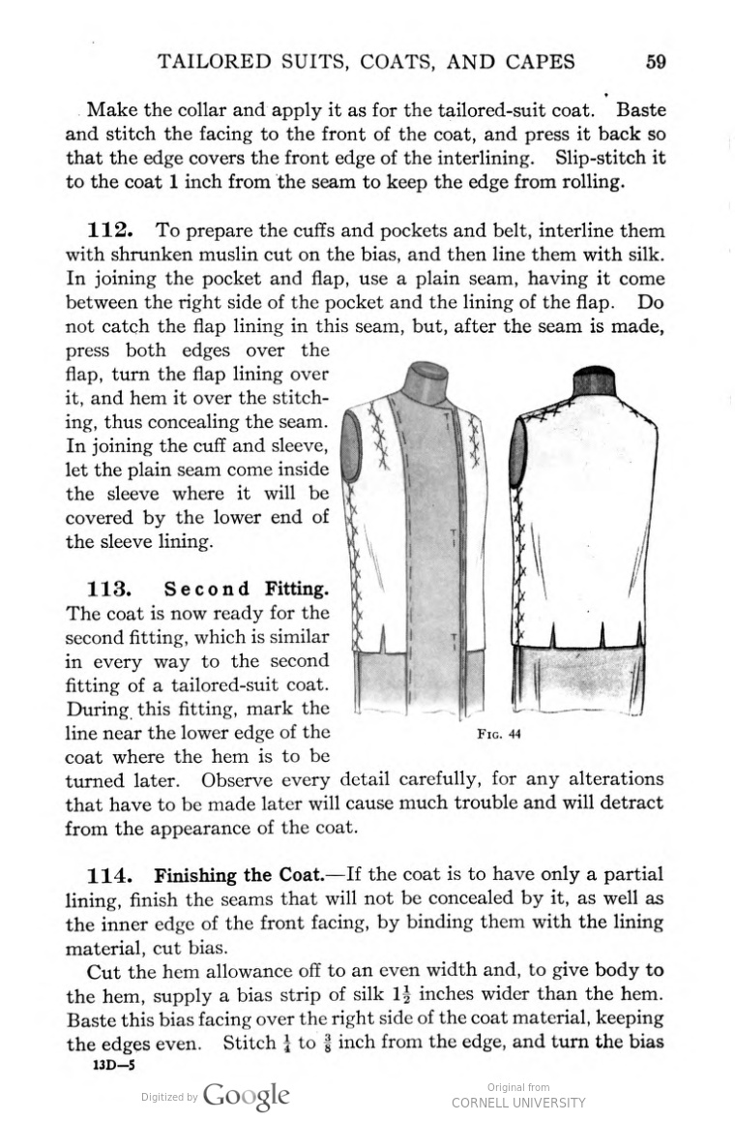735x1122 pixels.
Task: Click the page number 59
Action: click(655, 63)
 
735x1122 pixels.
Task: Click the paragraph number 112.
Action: click(109, 230)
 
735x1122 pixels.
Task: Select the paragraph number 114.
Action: click(109, 875)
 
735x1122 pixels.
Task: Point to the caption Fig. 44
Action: click(499, 733)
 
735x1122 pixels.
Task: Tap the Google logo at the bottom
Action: click(246, 1095)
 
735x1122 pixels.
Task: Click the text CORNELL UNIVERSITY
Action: click(518, 1103)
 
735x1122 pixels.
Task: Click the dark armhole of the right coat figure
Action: click(518, 451)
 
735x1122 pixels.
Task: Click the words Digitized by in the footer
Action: click(169, 1097)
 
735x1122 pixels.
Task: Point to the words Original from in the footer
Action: click(518, 1087)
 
